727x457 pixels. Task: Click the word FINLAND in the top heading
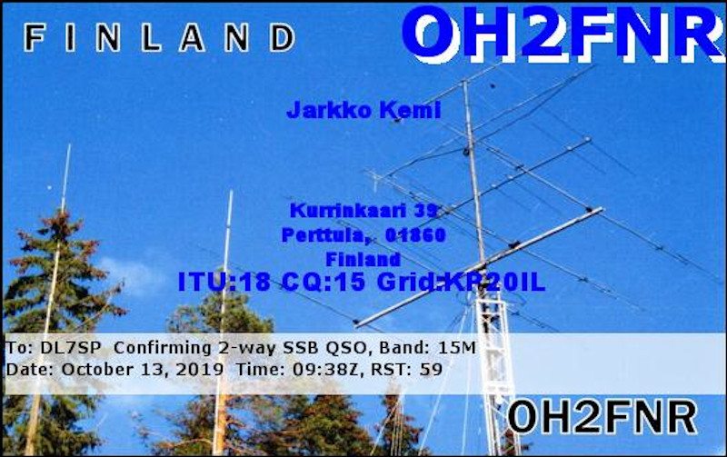coord(159,37)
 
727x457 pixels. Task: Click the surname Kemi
coord(410,110)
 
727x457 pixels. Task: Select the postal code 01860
coord(415,235)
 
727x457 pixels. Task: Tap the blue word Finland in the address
coord(363,260)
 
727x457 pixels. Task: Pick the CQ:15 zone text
coord(324,282)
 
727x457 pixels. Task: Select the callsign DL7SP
coord(70,348)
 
